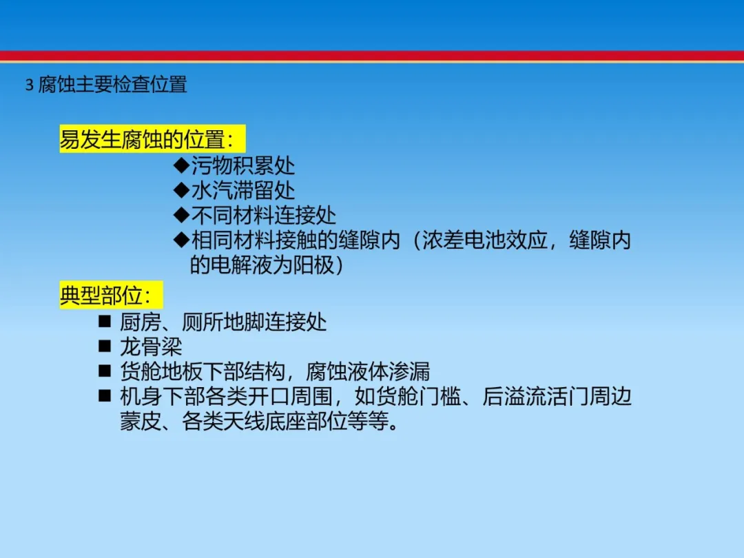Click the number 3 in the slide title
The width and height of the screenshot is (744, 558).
click(30, 85)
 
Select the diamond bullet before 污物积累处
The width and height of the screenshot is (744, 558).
click(181, 165)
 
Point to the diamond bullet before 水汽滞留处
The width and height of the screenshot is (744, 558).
click(181, 190)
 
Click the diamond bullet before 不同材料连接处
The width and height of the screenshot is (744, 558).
click(181, 215)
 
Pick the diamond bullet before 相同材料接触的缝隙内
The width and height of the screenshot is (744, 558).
click(181, 240)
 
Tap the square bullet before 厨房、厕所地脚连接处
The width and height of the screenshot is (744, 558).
click(105, 321)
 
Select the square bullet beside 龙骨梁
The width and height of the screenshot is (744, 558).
click(105, 346)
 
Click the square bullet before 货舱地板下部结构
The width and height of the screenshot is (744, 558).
click(105, 371)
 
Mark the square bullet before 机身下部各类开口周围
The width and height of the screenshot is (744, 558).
click(105, 395)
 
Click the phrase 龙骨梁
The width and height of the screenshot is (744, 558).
click(151, 347)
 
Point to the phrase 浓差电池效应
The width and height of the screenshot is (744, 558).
click(485, 240)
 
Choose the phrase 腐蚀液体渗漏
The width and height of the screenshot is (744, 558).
click(368, 371)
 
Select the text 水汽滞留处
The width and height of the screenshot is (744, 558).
click(243, 190)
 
